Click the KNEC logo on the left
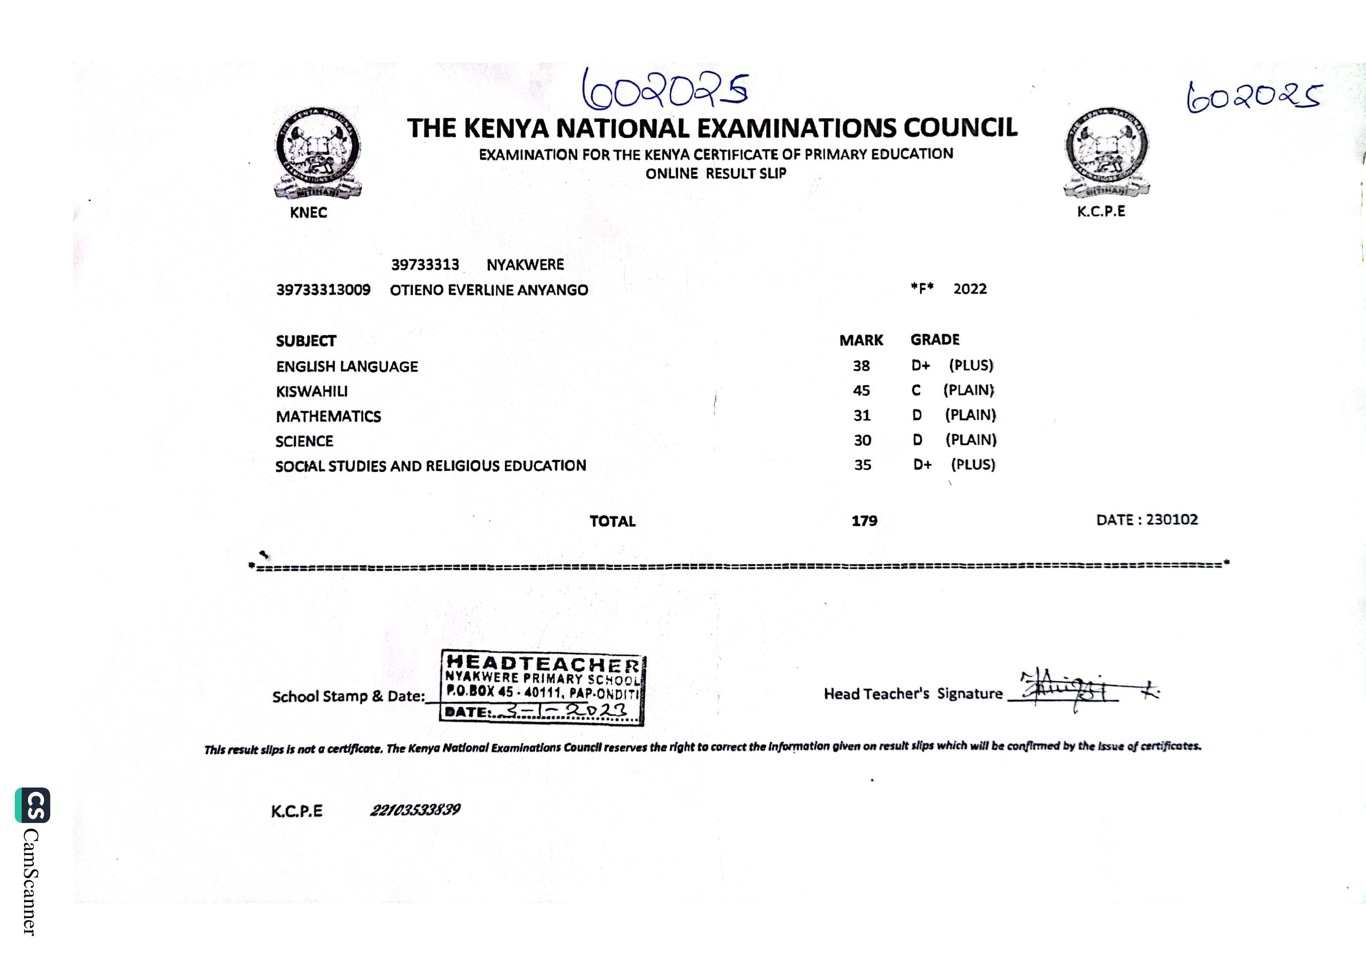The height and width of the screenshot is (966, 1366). (x=318, y=153)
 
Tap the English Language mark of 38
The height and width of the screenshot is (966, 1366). (x=861, y=366)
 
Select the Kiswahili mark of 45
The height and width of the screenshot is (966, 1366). (x=861, y=391)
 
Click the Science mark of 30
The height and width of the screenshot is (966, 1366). (x=862, y=440)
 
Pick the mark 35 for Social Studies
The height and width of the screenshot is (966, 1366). (x=862, y=465)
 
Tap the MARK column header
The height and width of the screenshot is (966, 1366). (x=861, y=341)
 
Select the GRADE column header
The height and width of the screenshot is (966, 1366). (x=935, y=340)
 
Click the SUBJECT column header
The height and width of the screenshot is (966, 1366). (x=306, y=341)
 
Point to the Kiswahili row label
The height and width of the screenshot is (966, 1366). (x=312, y=392)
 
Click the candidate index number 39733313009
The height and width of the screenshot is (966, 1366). (x=323, y=290)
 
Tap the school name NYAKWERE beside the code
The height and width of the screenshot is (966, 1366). (x=525, y=265)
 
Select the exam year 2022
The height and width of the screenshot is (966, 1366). (x=970, y=289)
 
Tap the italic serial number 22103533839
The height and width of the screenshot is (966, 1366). (x=415, y=810)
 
